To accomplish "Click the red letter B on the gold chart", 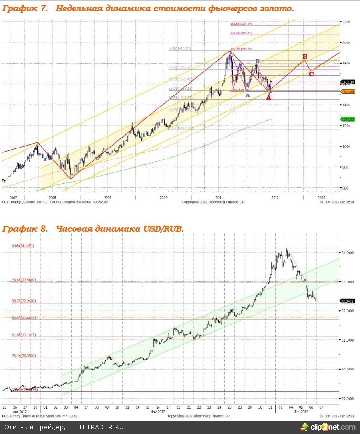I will pos(305,57).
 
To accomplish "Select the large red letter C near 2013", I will pos(311,74).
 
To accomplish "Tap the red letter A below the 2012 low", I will pos(268,98).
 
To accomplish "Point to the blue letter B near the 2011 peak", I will pos(257,61).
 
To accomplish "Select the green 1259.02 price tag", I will pos(348,119).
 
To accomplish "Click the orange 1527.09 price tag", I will pos(348,92).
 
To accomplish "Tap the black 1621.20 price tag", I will pos(348,82).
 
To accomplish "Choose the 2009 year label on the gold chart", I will pos(107,197).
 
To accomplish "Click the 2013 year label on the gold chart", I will pos(321,197).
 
